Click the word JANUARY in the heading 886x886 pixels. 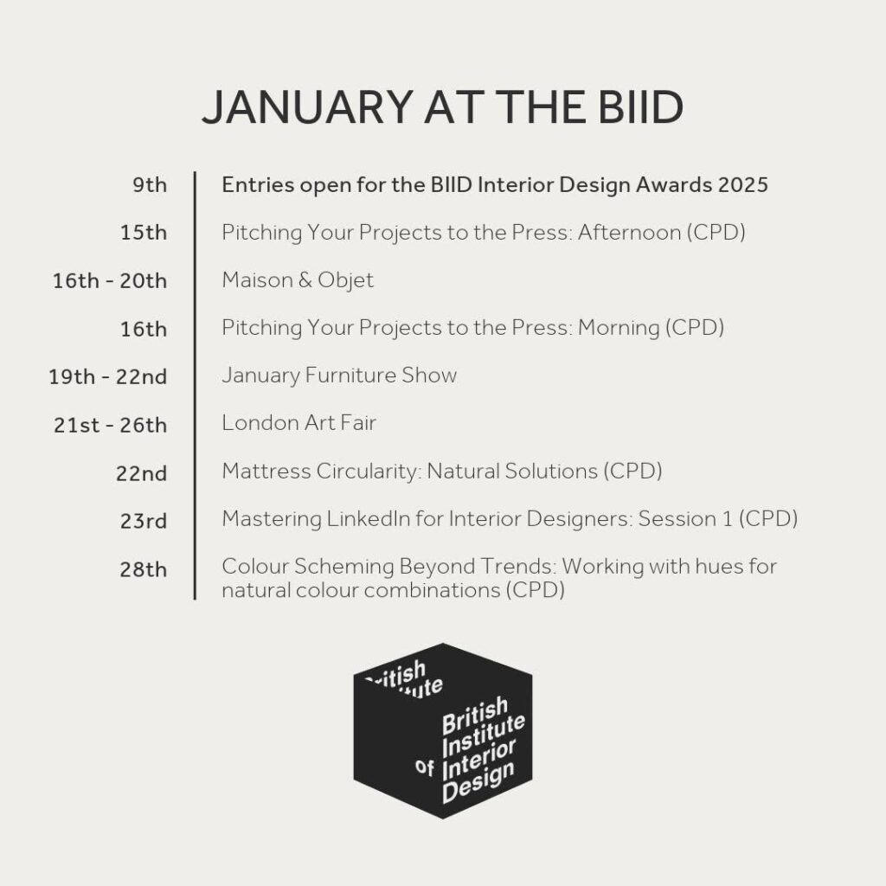pos(307,106)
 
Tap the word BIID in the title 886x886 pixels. pos(641,106)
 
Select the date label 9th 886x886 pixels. pos(150,185)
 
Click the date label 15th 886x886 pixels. pos(144,232)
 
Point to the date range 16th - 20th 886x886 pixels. pos(110,280)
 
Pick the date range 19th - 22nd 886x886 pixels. pos(108,376)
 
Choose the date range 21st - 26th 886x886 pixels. pos(110,424)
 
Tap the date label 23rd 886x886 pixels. pos(144,520)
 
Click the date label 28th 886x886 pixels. pos(144,568)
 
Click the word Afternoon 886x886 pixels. pos(629,232)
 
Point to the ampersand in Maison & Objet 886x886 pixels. pos(305,280)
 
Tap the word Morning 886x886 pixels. pos(619,328)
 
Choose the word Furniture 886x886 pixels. pos(350,376)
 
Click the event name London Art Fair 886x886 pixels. pos(299,422)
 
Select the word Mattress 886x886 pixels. pos(266,471)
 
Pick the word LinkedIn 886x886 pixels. pos(369,519)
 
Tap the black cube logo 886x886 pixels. pos(443,730)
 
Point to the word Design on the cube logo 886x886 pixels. pos(478,781)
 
